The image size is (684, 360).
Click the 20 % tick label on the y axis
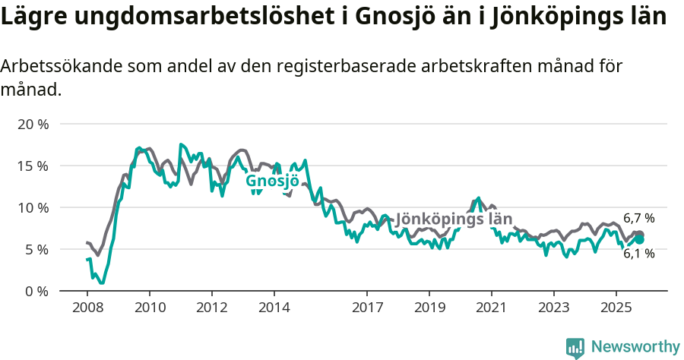[33, 124]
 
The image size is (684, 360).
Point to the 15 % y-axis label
[33, 166]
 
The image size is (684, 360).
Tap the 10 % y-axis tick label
[33, 207]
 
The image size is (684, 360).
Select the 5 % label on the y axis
[36, 249]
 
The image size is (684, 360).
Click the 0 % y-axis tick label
[36, 291]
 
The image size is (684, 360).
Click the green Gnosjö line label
[271, 181]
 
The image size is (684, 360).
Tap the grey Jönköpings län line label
[454, 219]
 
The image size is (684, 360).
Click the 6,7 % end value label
[638, 218]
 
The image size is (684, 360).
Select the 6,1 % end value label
[638, 254]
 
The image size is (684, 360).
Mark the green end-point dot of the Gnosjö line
[639, 239]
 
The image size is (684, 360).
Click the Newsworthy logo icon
[575, 347]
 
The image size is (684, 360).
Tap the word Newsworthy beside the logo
[635, 347]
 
